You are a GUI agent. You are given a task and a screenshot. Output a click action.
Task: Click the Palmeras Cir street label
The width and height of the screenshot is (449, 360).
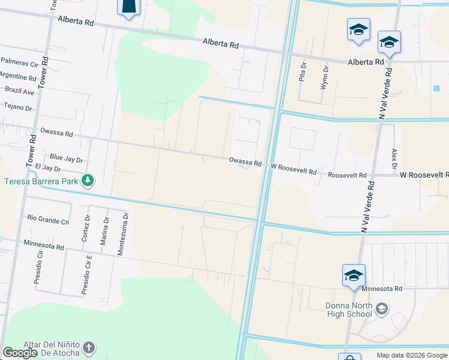19,61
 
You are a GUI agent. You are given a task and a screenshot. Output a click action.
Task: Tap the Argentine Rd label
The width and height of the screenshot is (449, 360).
18,77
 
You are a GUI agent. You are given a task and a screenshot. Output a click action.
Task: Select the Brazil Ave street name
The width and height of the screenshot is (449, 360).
20,92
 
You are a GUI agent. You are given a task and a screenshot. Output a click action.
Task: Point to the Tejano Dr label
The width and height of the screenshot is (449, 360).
17,107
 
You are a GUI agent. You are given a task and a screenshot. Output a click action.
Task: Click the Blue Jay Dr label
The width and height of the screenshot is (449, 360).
66,158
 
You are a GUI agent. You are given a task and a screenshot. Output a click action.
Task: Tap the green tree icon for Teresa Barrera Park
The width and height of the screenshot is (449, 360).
88,180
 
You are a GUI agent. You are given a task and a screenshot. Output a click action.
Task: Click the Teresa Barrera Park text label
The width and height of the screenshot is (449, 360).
42,181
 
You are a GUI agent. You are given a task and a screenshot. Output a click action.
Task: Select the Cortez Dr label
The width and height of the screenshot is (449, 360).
85,228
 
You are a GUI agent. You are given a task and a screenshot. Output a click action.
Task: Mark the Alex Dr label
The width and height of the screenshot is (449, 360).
394,158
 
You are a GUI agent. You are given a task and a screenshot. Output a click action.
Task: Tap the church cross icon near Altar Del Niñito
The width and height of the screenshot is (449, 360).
88,347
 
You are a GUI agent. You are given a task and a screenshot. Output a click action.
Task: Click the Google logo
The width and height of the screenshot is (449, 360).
20,353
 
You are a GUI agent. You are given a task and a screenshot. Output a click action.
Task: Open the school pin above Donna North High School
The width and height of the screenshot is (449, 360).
354,275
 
